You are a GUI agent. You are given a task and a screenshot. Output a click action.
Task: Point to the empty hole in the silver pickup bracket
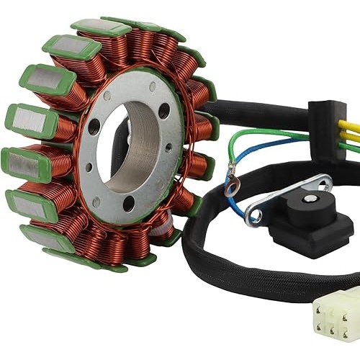[x=253, y=214]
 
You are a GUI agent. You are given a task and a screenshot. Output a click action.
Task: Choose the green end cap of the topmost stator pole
[x=101, y=27]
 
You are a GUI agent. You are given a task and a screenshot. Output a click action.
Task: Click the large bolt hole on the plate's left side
[x=94, y=129]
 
